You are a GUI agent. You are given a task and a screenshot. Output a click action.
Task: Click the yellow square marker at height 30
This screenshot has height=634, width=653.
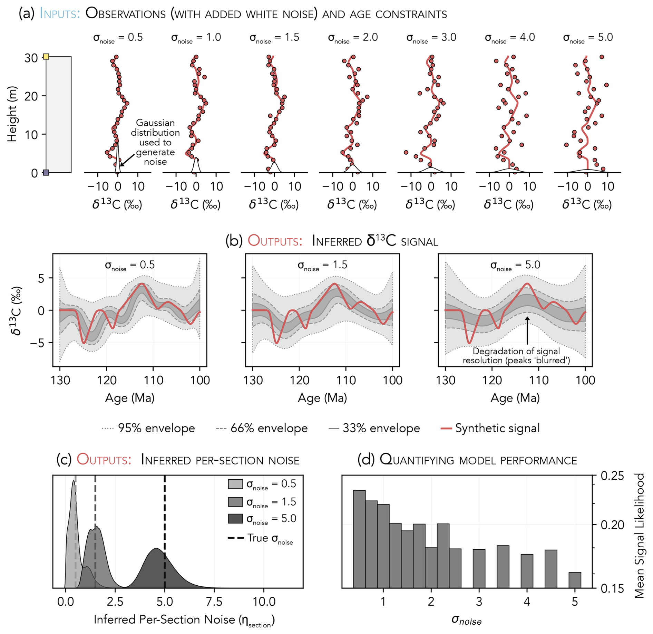[x=46, y=56]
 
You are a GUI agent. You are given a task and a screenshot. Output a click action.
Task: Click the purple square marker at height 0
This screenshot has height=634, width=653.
[x=46, y=172]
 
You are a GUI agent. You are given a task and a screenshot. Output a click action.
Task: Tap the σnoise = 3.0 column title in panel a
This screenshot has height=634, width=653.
[x=431, y=38]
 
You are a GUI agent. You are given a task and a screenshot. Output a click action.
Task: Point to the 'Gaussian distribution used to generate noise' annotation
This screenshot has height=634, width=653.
[x=155, y=142]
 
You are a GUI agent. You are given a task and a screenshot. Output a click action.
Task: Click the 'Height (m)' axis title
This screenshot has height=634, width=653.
[x=12, y=114]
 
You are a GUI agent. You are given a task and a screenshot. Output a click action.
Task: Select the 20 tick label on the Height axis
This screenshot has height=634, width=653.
[x=31, y=96]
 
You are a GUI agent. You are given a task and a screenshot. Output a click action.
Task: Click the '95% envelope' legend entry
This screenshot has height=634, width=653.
[x=148, y=428]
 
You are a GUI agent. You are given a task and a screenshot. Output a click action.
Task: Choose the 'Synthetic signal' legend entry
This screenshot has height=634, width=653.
[x=490, y=428]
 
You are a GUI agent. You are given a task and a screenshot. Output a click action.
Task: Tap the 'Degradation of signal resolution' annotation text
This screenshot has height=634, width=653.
[x=516, y=356]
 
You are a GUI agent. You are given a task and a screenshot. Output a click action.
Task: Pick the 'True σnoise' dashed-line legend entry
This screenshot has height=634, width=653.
[x=261, y=538]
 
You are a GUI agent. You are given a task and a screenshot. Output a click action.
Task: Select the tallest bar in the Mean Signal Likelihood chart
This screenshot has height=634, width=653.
[x=359, y=539]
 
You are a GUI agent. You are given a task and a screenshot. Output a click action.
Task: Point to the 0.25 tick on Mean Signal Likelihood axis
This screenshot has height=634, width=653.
[x=612, y=476]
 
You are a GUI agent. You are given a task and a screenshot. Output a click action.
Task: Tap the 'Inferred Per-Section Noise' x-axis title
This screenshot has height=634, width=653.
[x=184, y=619]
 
